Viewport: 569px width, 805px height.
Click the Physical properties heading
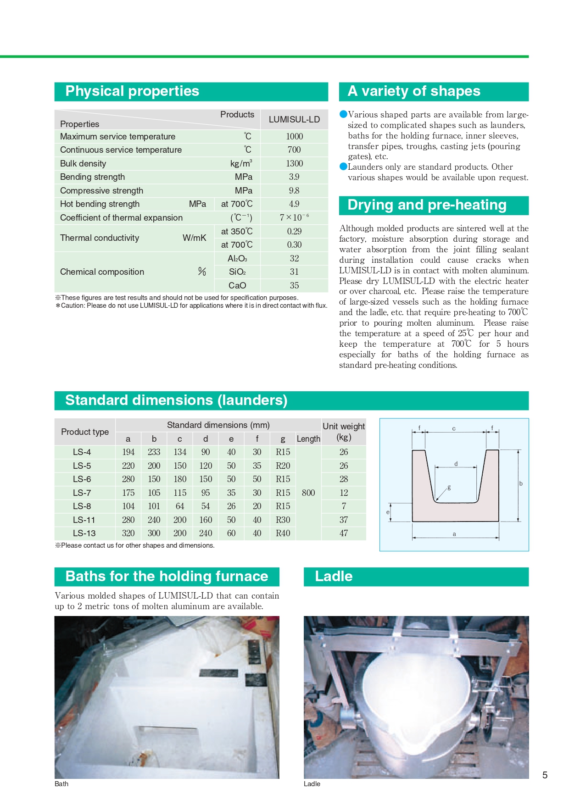132,91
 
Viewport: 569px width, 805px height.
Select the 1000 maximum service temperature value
294,136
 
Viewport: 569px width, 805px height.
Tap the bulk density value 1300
294,163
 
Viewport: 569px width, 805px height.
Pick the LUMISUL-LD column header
294,119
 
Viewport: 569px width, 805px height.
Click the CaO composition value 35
294,285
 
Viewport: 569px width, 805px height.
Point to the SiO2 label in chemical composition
237,272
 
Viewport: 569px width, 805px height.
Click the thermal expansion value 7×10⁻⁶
294,217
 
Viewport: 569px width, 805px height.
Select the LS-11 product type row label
84,520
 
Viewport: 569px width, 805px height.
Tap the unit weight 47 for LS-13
344,533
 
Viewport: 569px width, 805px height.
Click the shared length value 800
308,493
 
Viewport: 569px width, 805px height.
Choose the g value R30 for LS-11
283,520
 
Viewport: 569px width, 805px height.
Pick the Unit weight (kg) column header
344,431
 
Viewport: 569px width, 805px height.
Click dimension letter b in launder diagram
521,483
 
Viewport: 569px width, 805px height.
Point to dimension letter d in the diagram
456,464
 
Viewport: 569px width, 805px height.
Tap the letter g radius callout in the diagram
449,487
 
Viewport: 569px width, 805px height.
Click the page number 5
545,775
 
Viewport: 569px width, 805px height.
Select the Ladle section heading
334,577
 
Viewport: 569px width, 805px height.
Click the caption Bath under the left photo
61,784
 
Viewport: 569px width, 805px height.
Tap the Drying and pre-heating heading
427,205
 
